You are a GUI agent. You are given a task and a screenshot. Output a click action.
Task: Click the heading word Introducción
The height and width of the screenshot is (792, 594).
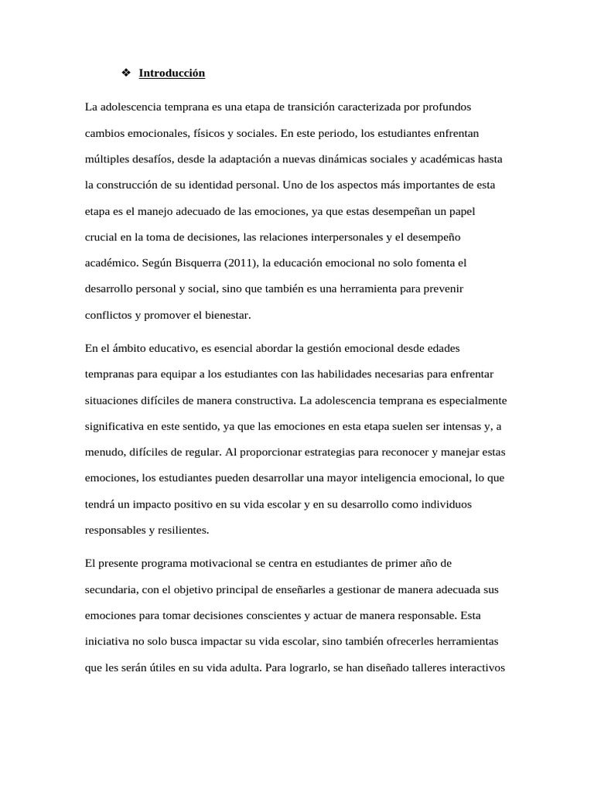(172, 73)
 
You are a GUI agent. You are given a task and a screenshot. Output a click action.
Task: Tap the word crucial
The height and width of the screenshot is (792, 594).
(100, 237)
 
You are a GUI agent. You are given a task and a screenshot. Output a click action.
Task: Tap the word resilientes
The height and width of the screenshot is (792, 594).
(183, 531)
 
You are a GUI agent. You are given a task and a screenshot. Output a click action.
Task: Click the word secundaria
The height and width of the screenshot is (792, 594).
(111, 589)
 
